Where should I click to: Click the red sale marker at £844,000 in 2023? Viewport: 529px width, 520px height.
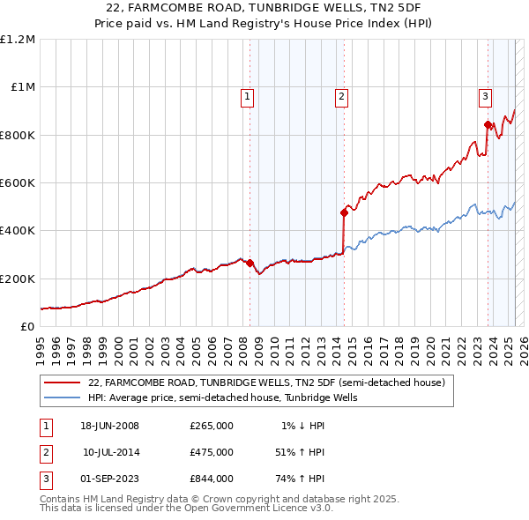[x=488, y=124]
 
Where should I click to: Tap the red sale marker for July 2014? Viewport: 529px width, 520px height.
[x=344, y=212]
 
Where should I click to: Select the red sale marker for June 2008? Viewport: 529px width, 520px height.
[x=250, y=263]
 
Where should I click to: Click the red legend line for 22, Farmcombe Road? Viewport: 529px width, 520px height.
[x=62, y=383]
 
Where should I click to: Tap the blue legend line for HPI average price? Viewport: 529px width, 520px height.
[x=62, y=397]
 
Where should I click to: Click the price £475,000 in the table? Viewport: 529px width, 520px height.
[x=211, y=452]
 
